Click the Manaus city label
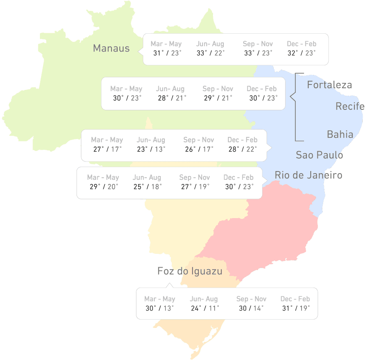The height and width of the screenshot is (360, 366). click(111, 48)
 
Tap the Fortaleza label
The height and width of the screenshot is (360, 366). click(329, 85)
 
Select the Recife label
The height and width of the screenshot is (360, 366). click(350, 106)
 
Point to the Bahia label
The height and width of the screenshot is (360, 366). click(340, 134)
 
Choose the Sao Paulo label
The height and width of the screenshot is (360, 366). click(319, 155)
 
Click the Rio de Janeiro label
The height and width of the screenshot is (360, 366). click(308, 175)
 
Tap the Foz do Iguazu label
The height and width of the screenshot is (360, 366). click(190, 271)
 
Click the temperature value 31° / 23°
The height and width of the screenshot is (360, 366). click(167, 53)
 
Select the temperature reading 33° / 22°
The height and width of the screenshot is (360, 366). click(210, 53)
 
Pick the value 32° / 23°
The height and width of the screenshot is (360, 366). click(302, 53)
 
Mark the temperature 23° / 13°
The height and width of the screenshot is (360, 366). click(151, 149)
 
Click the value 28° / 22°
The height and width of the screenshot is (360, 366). click(242, 149)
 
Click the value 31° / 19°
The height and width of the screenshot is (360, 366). click(296, 308)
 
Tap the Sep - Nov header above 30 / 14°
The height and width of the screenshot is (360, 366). click(251, 299)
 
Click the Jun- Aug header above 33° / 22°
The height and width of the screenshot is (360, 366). click(210, 44)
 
